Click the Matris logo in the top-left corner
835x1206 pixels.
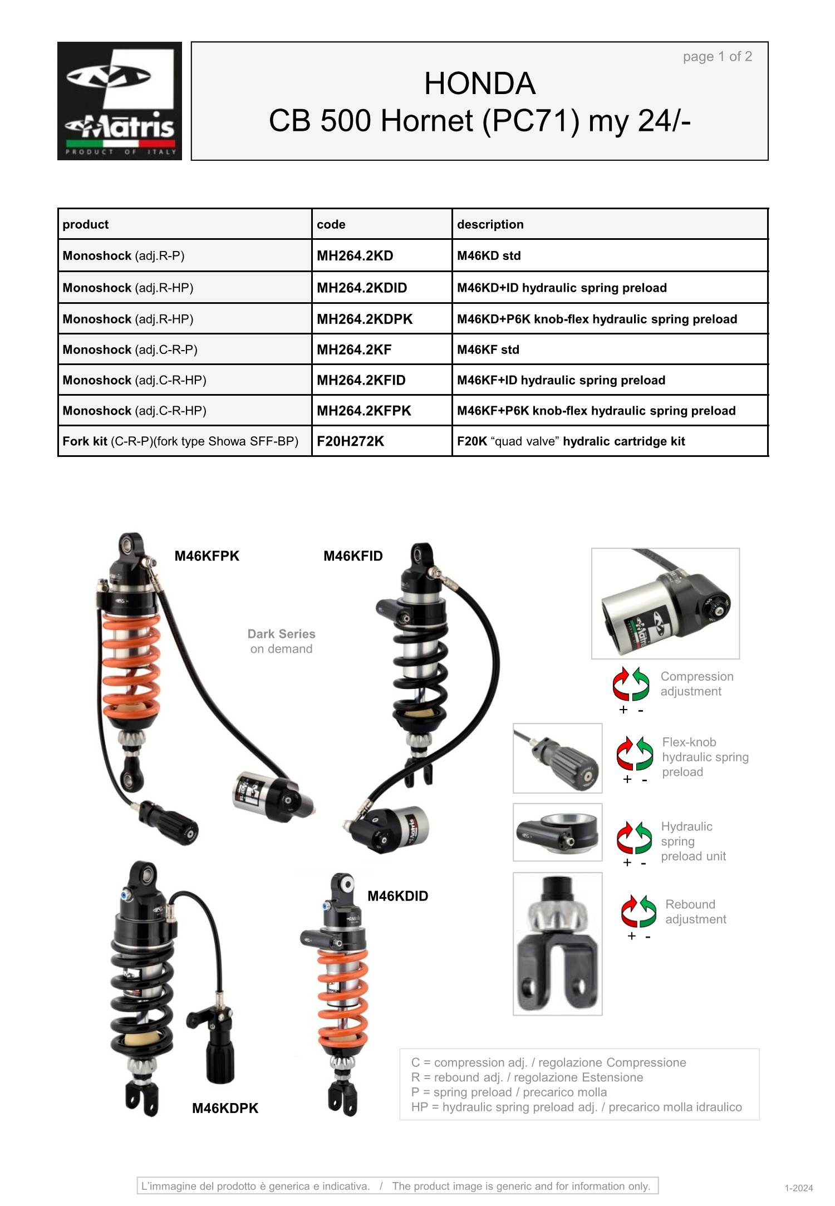point(120,101)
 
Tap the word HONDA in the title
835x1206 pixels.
point(480,83)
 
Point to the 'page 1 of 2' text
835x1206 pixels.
point(718,56)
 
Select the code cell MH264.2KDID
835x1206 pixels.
point(362,288)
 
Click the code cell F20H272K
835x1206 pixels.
point(351,441)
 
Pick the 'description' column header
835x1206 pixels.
point(490,224)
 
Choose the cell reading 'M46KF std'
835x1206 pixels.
point(488,350)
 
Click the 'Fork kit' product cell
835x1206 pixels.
point(180,441)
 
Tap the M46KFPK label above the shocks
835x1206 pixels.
point(207,556)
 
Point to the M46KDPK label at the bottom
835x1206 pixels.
point(225,1108)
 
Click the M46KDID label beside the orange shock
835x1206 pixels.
point(398,896)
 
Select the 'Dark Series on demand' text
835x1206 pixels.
point(282,641)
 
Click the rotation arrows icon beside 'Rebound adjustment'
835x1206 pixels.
point(639,911)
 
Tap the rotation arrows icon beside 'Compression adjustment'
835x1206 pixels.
point(631,683)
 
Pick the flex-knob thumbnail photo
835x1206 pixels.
point(558,758)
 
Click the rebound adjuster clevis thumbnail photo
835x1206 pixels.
point(558,944)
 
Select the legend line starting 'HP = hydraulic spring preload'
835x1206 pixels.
point(577,1107)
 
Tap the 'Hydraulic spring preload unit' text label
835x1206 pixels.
point(694,841)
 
